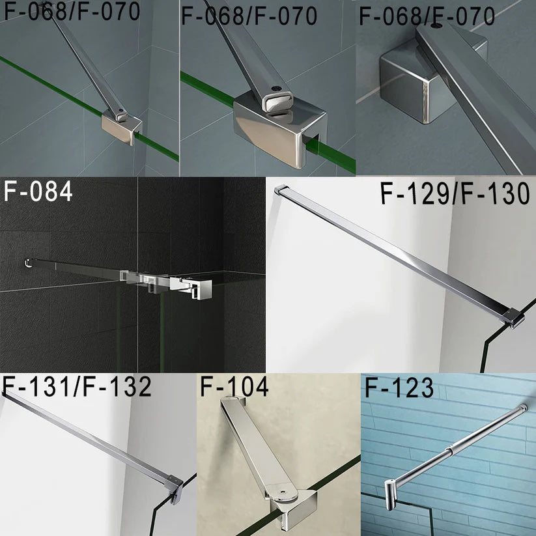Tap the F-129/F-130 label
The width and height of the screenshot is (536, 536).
click(455, 194)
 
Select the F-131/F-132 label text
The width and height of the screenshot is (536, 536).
click(77, 387)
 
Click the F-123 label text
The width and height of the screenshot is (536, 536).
click(399, 388)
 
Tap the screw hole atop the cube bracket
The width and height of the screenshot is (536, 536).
click(434, 28)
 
